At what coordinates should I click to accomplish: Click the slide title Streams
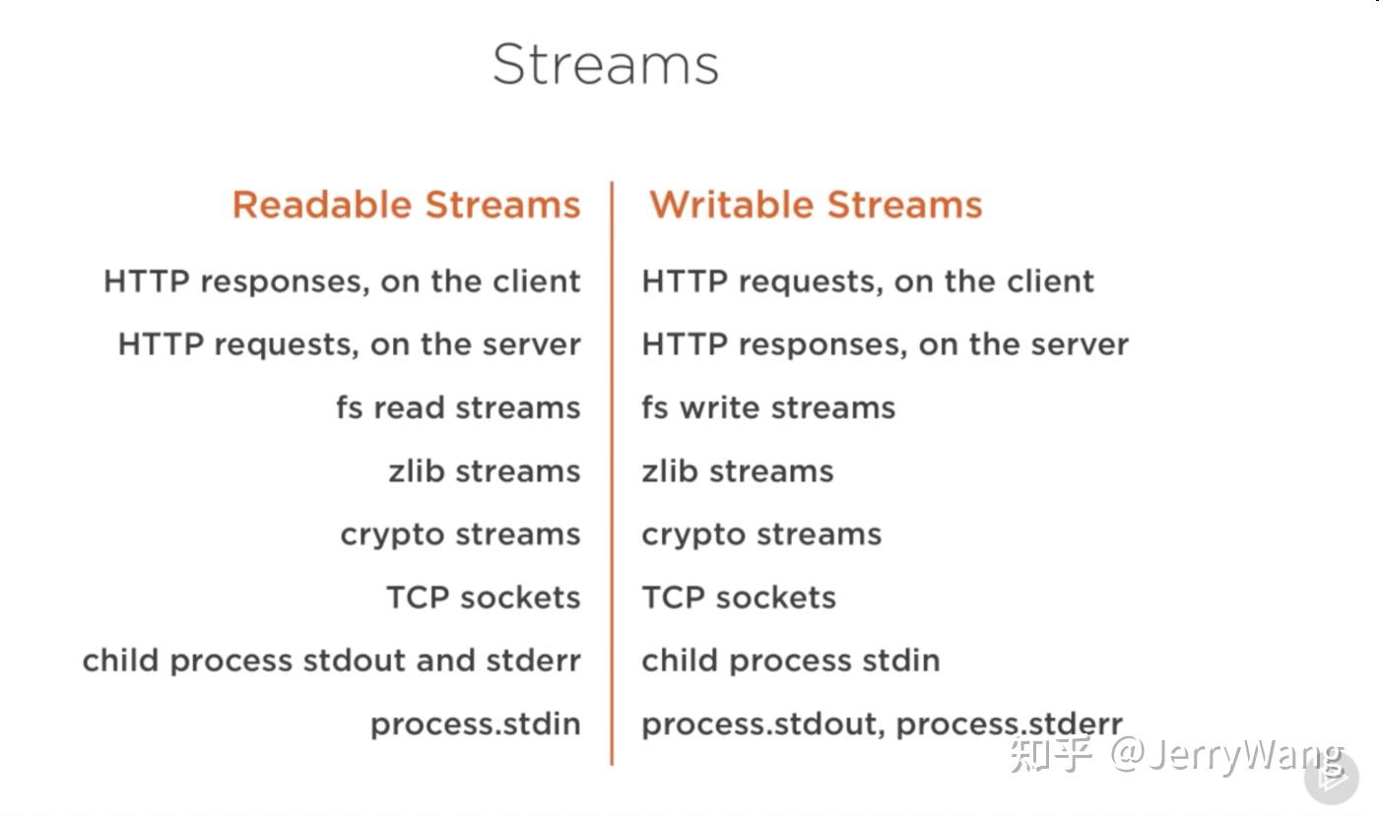(x=605, y=65)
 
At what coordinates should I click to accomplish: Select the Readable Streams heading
(x=406, y=205)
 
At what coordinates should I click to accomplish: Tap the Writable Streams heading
(x=816, y=205)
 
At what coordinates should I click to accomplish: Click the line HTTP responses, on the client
(x=342, y=282)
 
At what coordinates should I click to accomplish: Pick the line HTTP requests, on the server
(x=349, y=345)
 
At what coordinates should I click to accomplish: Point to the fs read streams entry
(x=458, y=408)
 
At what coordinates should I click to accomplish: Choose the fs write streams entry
(x=768, y=408)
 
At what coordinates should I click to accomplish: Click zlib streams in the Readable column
(x=484, y=471)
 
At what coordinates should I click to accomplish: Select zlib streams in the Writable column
(x=737, y=471)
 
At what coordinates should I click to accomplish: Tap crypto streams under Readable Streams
(x=460, y=534)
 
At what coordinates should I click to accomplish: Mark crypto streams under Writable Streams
(x=761, y=534)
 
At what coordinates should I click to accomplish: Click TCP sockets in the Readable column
(x=483, y=597)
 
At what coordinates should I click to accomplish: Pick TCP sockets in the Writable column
(x=739, y=597)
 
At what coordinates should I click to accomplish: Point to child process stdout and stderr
(x=331, y=660)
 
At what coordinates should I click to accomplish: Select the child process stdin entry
(x=790, y=660)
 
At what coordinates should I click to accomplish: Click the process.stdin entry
(x=475, y=724)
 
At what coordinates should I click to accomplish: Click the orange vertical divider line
(x=612, y=472)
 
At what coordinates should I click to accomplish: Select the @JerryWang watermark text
(x=1226, y=756)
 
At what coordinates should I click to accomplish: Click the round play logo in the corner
(x=1331, y=779)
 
